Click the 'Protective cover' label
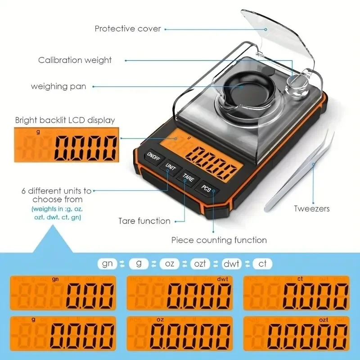point(127,28)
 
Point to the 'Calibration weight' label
point(75,60)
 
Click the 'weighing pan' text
point(58,86)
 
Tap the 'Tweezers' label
point(312,208)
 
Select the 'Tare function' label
point(144,221)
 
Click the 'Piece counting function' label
point(219,240)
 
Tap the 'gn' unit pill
point(107,263)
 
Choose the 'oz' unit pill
point(169,263)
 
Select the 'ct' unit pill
point(262,263)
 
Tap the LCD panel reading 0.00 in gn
point(63,292)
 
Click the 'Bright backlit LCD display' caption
point(65,120)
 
